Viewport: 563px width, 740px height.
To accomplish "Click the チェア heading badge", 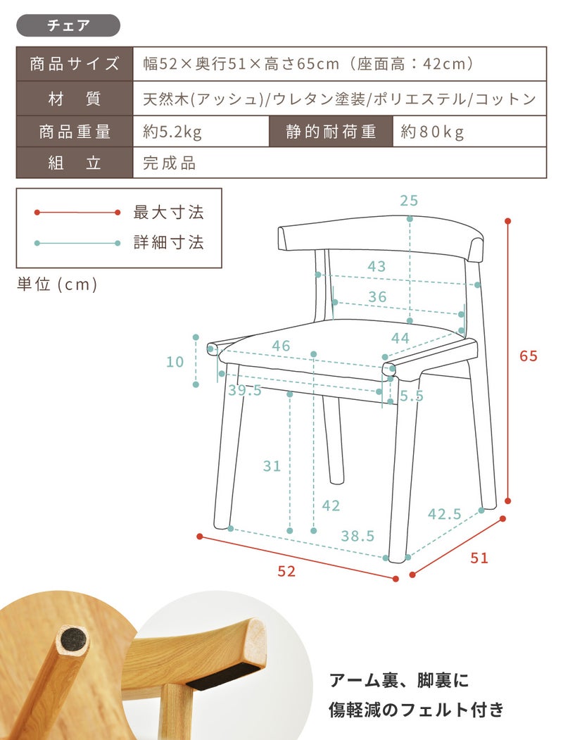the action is (68, 25).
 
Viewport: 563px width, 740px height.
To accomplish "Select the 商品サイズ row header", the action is (75, 63).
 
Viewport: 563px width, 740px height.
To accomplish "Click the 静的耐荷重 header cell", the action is (331, 132).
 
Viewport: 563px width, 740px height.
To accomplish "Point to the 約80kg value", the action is (432, 132).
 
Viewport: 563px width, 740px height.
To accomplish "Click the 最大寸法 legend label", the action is (168, 213).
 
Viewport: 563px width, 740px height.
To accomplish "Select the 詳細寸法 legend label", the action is (168, 243).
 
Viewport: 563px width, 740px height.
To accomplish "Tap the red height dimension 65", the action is (528, 356).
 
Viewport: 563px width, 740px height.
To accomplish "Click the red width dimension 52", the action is (286, 572).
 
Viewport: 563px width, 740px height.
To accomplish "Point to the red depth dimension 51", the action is (479, 558).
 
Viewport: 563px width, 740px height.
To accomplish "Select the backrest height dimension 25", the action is (409, 201).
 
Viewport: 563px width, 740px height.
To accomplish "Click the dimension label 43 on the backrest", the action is (377, 267).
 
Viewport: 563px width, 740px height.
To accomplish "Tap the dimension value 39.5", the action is (245, 391).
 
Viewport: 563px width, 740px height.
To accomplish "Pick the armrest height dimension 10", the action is (175, 362).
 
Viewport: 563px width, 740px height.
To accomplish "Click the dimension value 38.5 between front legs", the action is (358, 536).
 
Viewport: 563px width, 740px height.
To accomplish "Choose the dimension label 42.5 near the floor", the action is (444, 514).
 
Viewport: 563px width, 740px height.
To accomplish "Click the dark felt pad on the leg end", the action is (74, 641).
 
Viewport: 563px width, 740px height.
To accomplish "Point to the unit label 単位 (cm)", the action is (58, 284).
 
